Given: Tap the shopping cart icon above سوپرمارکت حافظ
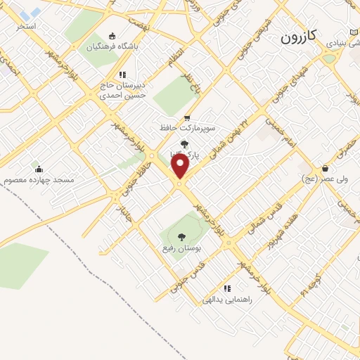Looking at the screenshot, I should point(186,117).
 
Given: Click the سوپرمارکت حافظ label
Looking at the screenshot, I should point(186,129).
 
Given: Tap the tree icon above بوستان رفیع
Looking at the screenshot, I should point(181,237).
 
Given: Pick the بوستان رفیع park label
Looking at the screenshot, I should point(182,249).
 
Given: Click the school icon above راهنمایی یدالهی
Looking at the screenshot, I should point(226,288).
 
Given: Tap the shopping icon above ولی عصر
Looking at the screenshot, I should point(326,168).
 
